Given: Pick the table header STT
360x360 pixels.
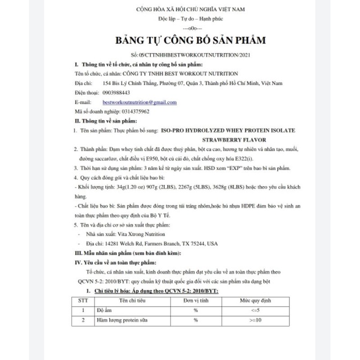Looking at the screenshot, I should point(83,301).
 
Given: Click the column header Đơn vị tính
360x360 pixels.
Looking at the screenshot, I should point(195,301).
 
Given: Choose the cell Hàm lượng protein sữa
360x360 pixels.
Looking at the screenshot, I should point(123,320).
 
